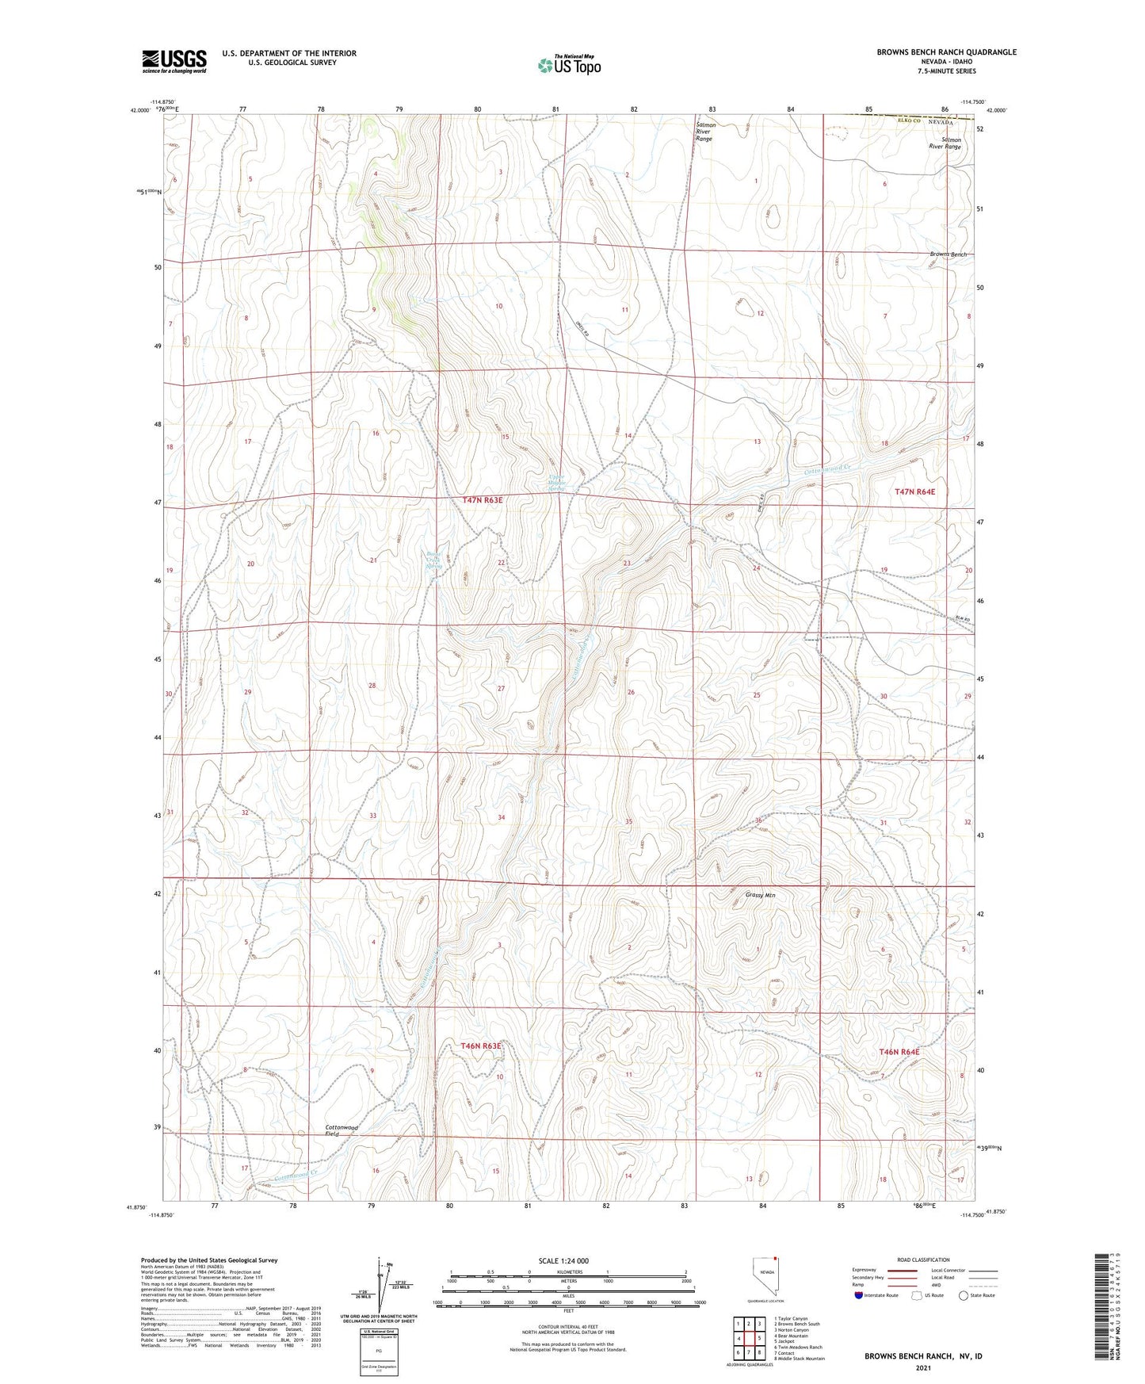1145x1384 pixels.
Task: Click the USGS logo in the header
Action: click(x=174, y=60)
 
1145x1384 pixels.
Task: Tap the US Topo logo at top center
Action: click(x=569, y=65)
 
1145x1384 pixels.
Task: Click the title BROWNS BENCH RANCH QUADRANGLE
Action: click(x=946, y=52)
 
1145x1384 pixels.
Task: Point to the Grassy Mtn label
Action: click(x=760, y=895)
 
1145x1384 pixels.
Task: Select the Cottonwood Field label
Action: click(x=342, y=1130)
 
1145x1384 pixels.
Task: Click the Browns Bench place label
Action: click(x=948, y=254)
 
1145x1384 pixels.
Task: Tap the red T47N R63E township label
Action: click(x=483, y=500)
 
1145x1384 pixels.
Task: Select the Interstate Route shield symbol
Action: click(x=859, y=1295)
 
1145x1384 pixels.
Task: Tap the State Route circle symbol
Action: click(x=963, y=1295)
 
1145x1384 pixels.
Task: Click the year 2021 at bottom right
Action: click(x=923, y=1367)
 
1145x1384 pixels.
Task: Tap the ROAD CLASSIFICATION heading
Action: click(x=923, y=1260)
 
